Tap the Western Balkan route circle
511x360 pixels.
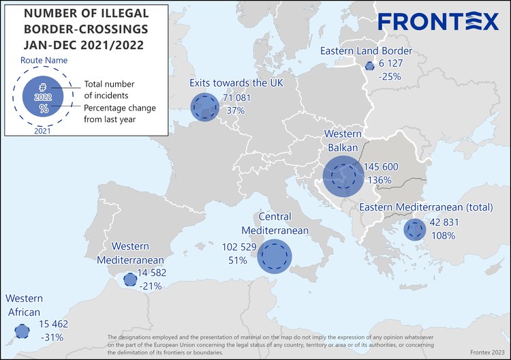[x=343, y=176]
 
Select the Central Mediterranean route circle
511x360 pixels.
[x=275, y=257]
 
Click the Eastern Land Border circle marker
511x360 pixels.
[x=369, y=66]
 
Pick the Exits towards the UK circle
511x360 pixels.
[x=202, y=106]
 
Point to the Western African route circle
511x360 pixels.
[x=22, y=332]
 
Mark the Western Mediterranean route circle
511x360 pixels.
[x=129, y=280]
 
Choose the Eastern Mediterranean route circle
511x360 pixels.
[x=414, y=229]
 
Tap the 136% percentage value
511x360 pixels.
[x=379, y=181]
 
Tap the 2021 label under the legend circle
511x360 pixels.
[x=42, y=131]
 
